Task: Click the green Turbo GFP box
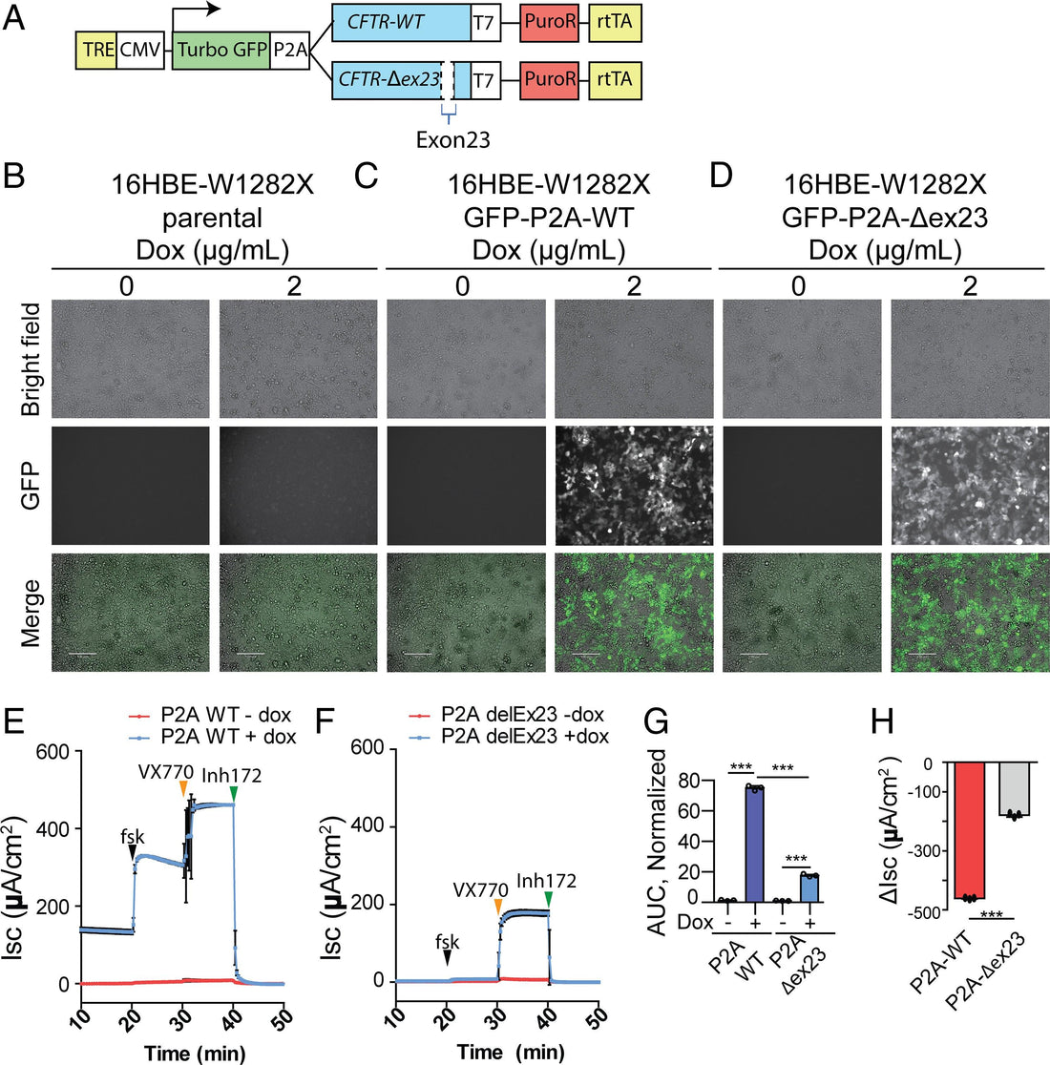[x=220, y=47]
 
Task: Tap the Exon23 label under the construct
[x=452, y=139]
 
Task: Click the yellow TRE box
[x=95, y=47]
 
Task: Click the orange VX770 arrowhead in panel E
[x=183, y=788]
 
